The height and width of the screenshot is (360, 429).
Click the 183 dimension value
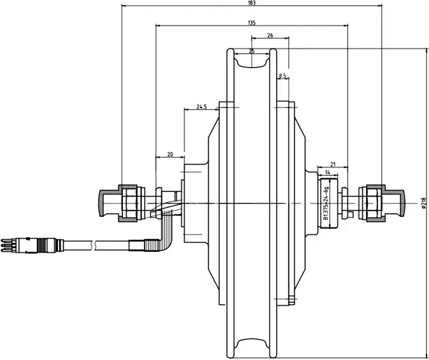tap(252, 3)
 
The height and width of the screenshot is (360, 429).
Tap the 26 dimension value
tap(271, 36)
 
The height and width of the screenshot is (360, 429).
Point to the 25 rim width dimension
tap(252, 50)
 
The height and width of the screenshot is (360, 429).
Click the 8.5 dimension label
tap(283, 76)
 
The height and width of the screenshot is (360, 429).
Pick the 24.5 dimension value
tap(202, 107)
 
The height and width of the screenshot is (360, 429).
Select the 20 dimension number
tap(170, 154)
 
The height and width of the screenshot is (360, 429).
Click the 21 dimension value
tap(334, 163)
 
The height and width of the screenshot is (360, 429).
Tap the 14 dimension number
tap(327, 172)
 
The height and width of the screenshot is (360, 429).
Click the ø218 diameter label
tap(423, 203)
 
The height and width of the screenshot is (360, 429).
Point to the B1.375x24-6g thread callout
tap(326, 202)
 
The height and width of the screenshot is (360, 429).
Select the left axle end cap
tap(104, 202)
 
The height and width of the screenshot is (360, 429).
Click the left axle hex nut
tap(130, 202)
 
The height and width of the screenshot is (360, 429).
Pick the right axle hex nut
tap(372, 202)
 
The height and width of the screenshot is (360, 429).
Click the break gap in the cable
tap(95, 243)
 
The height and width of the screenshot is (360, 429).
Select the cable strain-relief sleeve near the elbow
tap(141, 243)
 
